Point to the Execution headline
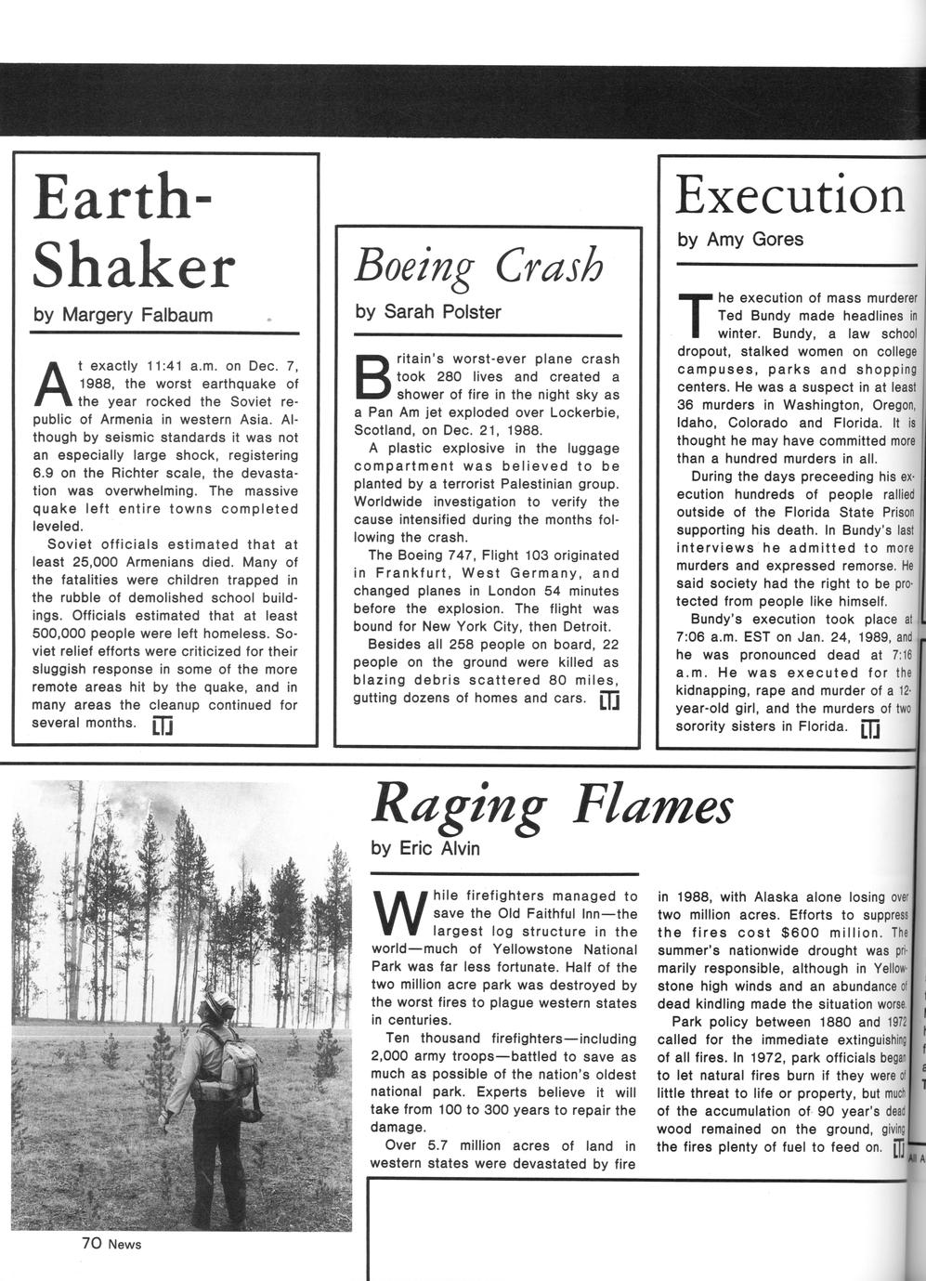point(789,194)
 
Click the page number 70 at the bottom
point(90,1243)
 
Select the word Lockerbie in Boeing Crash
point(584,412)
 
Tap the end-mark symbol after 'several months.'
point(163,725)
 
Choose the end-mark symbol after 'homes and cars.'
point(609,699)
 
